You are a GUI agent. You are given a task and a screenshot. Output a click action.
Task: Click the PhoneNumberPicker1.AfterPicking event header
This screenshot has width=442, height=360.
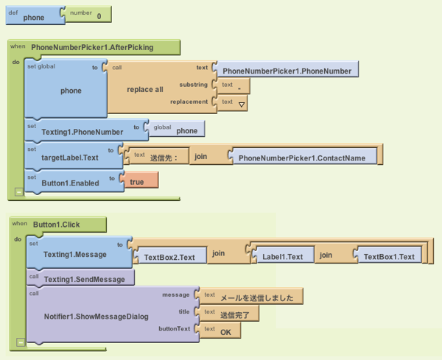[92, 48]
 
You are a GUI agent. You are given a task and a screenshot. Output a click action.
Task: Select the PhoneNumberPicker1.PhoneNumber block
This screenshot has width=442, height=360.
[287, 71]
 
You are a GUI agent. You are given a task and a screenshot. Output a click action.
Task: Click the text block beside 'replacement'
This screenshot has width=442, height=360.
[234, 104]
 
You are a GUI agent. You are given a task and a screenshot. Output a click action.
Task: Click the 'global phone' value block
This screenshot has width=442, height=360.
[178, 130]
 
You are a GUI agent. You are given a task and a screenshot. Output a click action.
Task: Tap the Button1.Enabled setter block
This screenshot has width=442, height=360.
[70, 181]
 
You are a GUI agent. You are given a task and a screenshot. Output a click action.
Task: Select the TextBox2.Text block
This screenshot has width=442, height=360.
[169, 257]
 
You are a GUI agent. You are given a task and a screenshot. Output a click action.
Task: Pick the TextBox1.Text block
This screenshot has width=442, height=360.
[389, 257]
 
